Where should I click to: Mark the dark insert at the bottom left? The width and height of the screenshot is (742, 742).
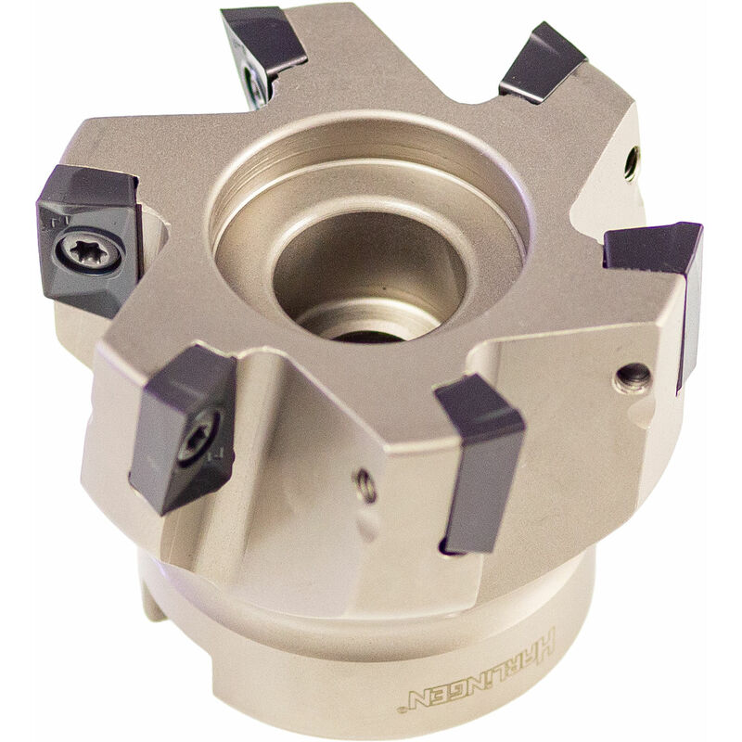(x=181, y=427)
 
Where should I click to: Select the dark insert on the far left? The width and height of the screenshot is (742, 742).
(x=88, y=237)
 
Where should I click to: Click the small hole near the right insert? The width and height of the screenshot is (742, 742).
(x=633, y=376)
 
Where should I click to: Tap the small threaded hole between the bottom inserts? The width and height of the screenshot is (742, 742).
(x=365, y=484)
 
